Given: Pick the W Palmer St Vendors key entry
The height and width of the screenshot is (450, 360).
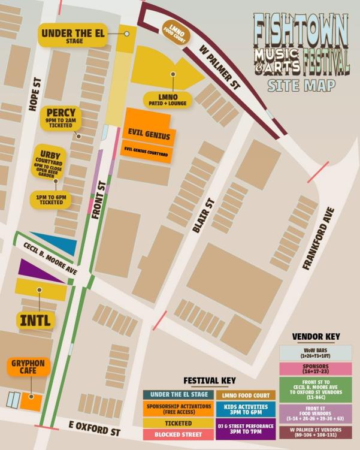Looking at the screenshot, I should point(316,431).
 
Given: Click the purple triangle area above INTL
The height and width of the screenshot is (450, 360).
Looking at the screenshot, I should point(36,270).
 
